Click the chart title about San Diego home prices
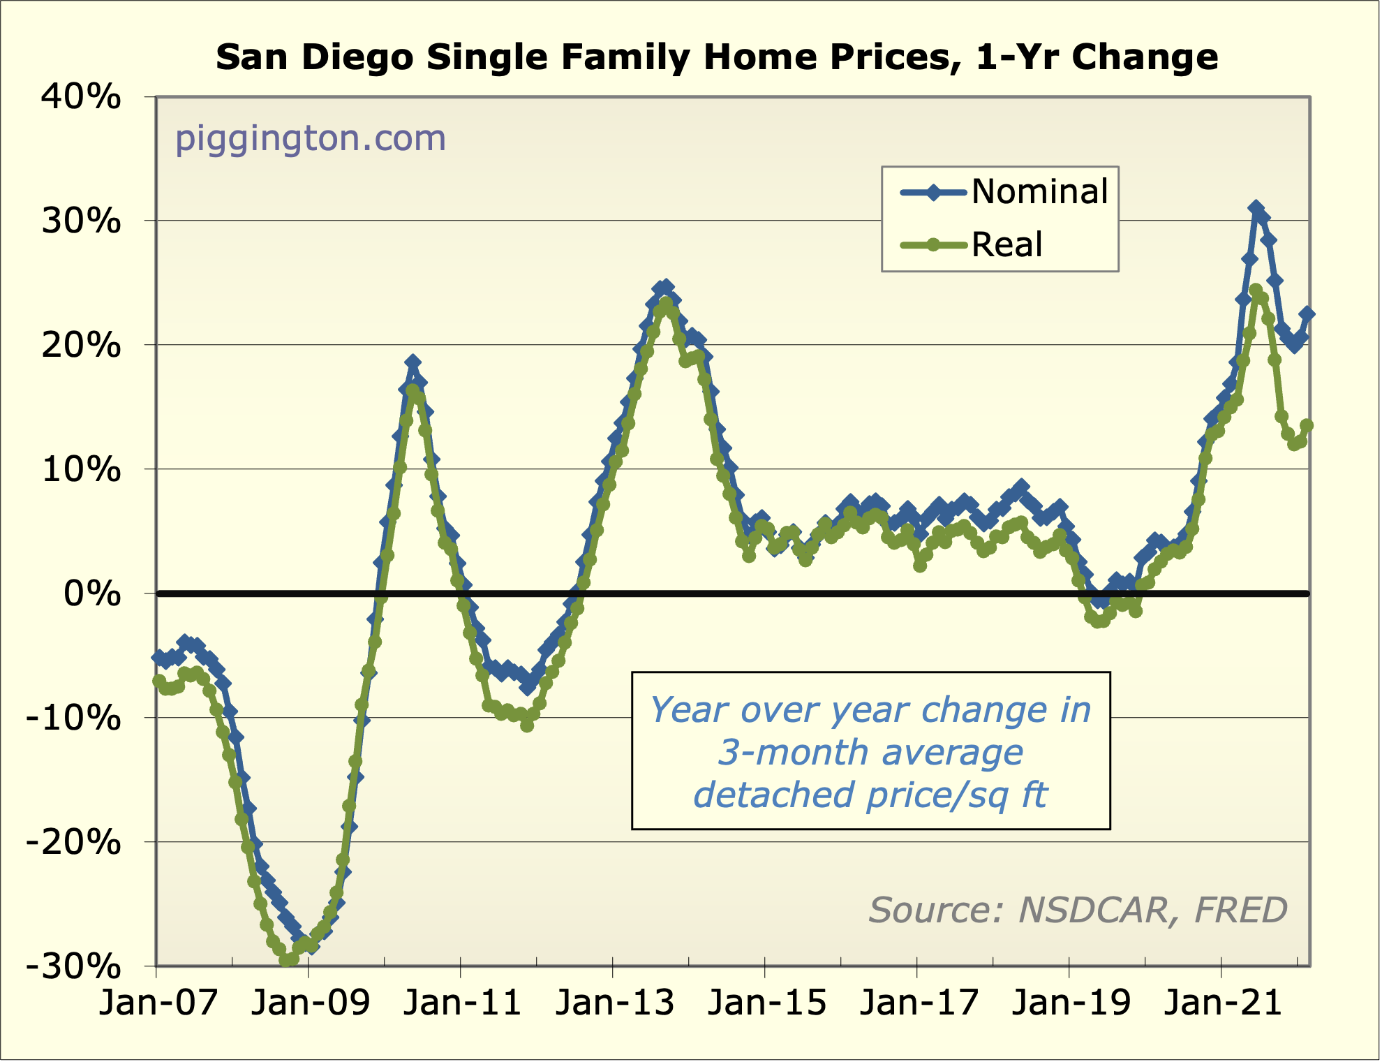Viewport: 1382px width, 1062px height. pyautogui.click(x=717, y=57)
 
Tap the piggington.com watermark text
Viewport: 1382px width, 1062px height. pyautogui.click(x=310, y=138)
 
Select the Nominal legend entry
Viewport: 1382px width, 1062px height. pyautogui.click(x=1039, y=192)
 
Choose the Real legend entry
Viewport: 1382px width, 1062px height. pyautogui.click(x=1006, y=244)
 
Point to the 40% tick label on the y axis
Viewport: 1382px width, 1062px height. pyautogui.click(x=81, y=97)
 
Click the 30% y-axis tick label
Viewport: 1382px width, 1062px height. pyautogui.click(x=81, y=221)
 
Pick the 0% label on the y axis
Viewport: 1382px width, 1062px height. pyautogui.click(x=92, y=594)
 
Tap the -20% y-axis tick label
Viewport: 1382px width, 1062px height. pyautogui.click(x=73, y=843)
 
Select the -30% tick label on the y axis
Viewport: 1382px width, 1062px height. pyautogui.click(x=73, y=967)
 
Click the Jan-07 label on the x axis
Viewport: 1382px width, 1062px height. pyautogui.click(x=158, y=1003)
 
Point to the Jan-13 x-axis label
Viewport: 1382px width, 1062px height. pyautogui.click(x=614, y=1003)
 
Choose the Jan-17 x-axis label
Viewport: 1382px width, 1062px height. pyautogui.click(x=919, y=1003)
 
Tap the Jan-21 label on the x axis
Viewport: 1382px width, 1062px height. pyautogui.click(x=1223, y=1003)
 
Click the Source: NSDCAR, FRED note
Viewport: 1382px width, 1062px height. pyautogui.click(x=1078, y=910)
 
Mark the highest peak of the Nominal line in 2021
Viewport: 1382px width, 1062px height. pyautogui.click(x=1256, y=208)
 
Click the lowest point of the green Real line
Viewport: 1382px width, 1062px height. pyautogui.click(x=286, y=961)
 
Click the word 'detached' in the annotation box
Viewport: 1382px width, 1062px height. pyautogui.click(x=775, y=795)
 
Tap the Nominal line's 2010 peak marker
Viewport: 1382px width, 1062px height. pyautogui.click(x=413, y=362)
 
